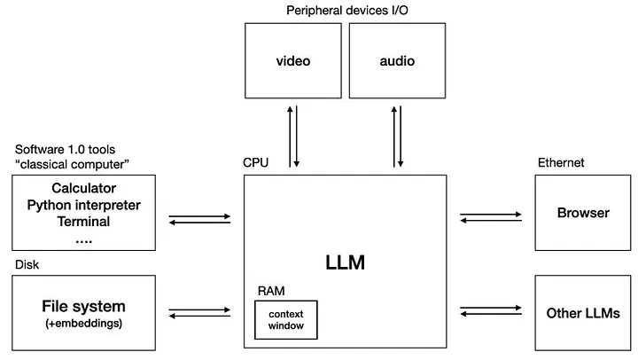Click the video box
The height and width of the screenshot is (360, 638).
pos(292,61)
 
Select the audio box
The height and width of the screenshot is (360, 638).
pos(397,61)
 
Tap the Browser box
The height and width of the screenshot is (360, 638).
pos(582,213)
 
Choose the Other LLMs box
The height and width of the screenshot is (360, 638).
pos(582,312)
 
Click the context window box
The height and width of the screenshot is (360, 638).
pos(285,319)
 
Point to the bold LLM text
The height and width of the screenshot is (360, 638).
pos(345,262)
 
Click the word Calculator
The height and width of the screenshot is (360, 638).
pos(84,188)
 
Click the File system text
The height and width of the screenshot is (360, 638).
pos(84,306)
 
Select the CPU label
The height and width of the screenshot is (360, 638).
pos(255,163)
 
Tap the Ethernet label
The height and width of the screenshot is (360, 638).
pos(561,163)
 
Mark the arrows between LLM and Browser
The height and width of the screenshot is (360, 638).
pos(491,217)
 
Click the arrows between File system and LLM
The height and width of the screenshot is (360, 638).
pos(199,313)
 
